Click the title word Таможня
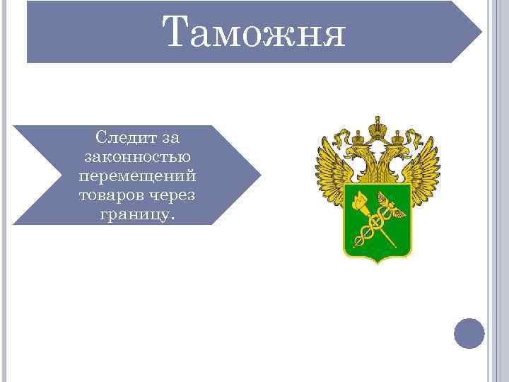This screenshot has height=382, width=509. [254, 33]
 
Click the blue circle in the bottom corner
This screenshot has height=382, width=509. [469, 333]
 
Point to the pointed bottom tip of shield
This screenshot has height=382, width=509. [378, 262]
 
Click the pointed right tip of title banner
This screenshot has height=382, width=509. [481, 33]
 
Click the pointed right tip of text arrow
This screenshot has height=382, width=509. [260, 175]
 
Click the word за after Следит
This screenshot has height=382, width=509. [170, 135]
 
